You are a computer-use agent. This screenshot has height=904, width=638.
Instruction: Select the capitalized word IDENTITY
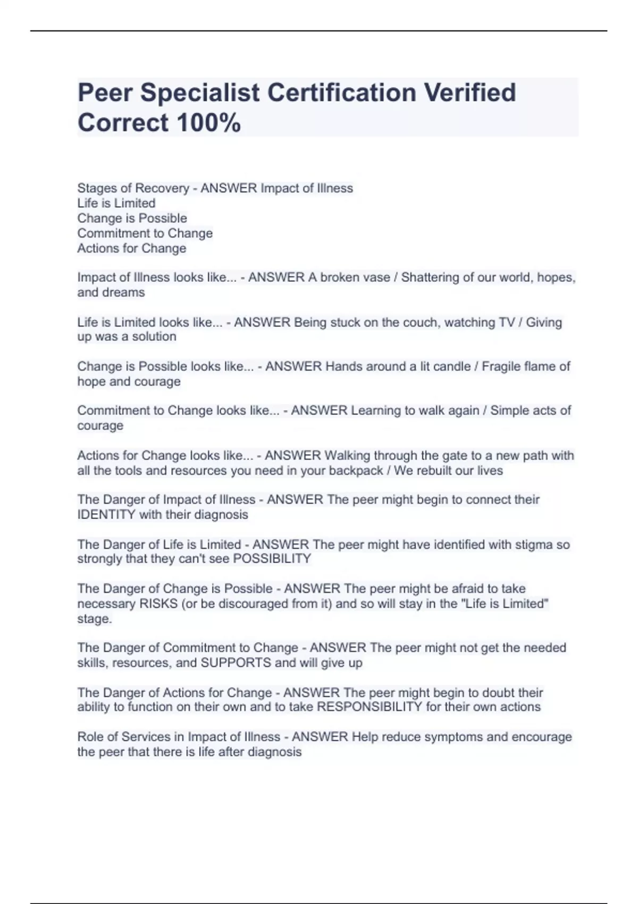pyautogui.click(x=106, y=515)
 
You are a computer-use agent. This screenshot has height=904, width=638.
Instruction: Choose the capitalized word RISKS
pyautogui.click(x=158, y=604)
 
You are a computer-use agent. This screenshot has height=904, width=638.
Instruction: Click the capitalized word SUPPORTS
pyautogui.click(x=236, y=663)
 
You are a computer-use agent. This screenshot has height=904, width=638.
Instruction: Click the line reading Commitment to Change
pyautogui.click(x=145, y=233)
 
